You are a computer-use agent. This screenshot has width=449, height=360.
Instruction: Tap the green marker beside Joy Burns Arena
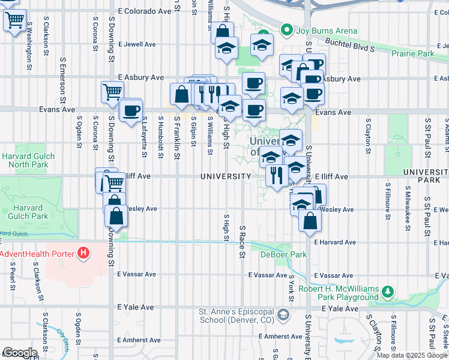pyautogui.click(x=286, y=31)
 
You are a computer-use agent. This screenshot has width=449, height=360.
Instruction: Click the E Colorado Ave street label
pyautogui.click(x=145, y=11)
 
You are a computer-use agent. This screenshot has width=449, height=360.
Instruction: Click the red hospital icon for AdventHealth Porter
pyautogui.click(x=83, y=254)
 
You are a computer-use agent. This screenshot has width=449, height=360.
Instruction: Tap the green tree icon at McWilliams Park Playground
pyautogui.click(x=388, y=292)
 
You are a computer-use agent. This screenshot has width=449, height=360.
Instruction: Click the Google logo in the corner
pyautogui.click(x=20, y=352)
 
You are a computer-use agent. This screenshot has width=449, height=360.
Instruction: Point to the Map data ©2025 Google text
pyautogui.click(x=412, y=355)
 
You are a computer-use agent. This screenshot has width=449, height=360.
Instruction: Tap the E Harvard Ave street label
pyautogui.click(x=335, y=242)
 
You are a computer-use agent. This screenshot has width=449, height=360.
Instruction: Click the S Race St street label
pyautogui.click(x=243, y=242)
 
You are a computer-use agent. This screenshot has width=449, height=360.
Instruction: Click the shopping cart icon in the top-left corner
pyautogui.click(x=14, y=20)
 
